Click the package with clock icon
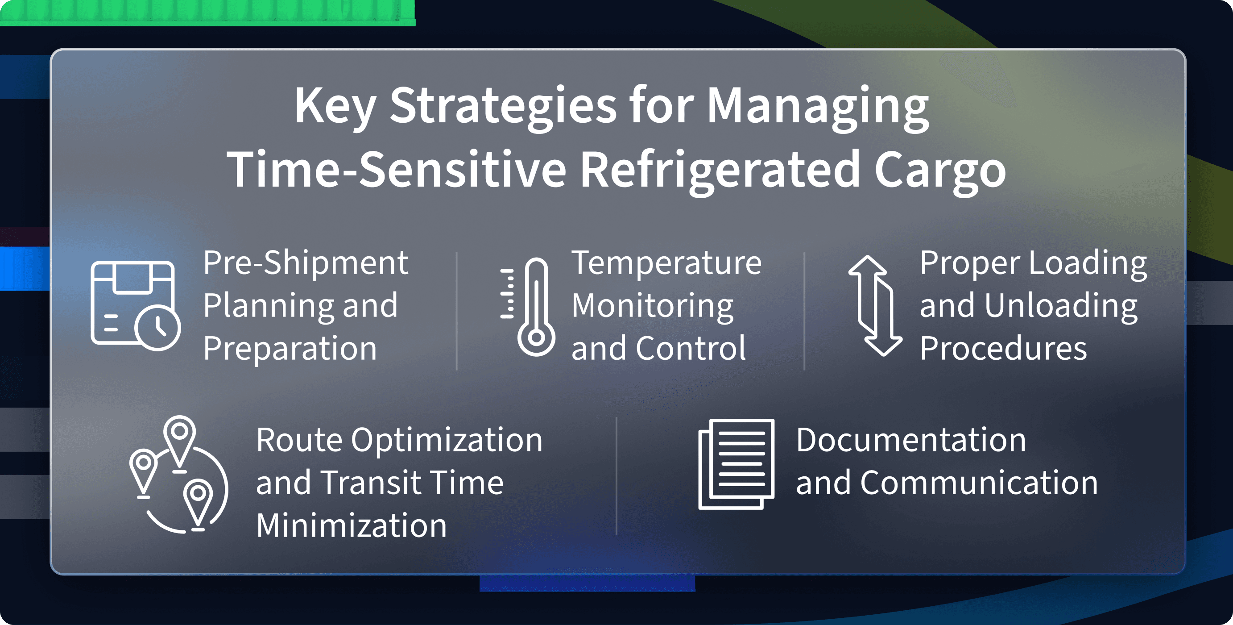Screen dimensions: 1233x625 click(136, 305)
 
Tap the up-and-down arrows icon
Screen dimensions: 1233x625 click(875, 305)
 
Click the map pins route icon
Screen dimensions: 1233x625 click(178, 474)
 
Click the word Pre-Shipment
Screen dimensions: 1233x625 click(306, 264)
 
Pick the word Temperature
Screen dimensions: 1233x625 click(666, 264)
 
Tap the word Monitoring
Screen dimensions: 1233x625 click(652, 307)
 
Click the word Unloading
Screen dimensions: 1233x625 click(1061, 307)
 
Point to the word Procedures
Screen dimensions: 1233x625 click(1003, 348)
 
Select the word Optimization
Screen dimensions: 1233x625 click(447, 441)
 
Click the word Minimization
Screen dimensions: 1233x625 click(352, 525)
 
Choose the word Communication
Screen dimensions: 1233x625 click(979, 483)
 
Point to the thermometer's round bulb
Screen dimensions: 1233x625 click(537, 337)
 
